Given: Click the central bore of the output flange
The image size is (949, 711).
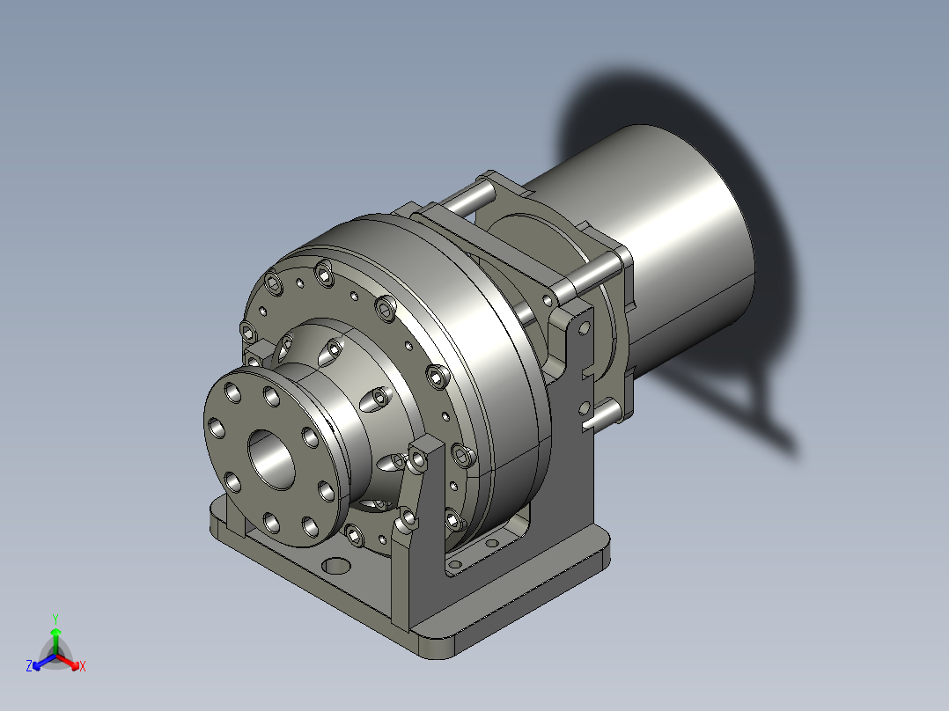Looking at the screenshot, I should point(273,458).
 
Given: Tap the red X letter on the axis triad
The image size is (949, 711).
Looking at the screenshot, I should point(83,666).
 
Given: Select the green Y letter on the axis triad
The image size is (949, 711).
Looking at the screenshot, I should point(55,619).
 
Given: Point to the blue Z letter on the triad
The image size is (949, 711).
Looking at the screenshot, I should point(29,666).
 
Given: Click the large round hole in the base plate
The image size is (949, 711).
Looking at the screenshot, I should point(335,563).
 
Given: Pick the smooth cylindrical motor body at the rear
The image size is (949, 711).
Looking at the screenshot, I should point(678,238).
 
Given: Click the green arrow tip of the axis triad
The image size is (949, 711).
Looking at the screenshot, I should point(55,632).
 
